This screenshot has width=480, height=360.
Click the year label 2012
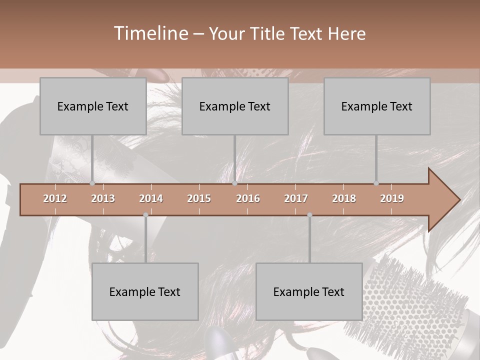(x=55, y=198)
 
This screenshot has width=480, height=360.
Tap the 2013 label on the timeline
(x=103, y=198)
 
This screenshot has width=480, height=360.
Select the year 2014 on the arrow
(x=151, y=198)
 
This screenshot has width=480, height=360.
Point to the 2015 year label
(x=199, y=198)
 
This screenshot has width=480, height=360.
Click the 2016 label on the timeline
(x=248, y=198)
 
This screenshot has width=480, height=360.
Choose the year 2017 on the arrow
(x=296, y=198)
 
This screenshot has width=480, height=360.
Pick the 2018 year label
(x=344, y=198)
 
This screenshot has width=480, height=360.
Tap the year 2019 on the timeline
(x=392, y=198)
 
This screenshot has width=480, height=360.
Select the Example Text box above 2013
(x=93, y=106)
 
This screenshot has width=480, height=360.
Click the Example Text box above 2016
(x=235, y=106)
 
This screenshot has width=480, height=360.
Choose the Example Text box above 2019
(x=377, y=106)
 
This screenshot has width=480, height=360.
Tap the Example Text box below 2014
(x=145, y=291)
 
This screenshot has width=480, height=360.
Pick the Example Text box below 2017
(x=309, y=291)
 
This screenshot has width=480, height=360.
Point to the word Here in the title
(x=346, y=34)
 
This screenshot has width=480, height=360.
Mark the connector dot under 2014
(x=145, y=215)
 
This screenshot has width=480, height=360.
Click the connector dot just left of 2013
(x=92, y=183)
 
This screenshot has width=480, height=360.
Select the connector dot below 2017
(x=309, y=215)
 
